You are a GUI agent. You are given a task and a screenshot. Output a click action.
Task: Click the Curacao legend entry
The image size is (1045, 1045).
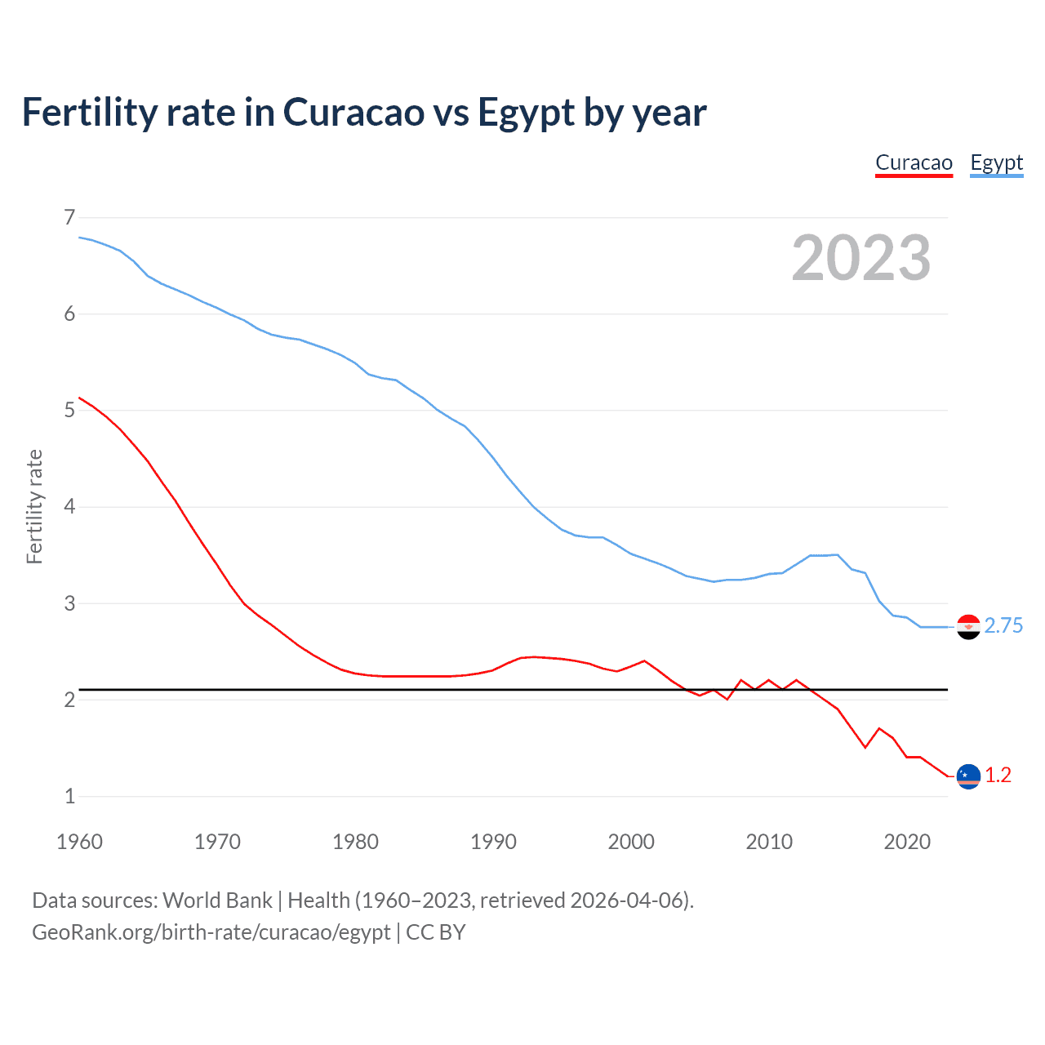coord(914,162)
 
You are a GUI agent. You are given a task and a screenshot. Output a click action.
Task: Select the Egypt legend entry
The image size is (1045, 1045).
coord(996,162)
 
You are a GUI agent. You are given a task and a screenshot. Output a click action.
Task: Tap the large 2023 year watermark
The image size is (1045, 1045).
coord(860,258)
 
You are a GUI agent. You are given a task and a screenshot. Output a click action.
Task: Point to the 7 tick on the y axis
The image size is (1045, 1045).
coord(69,217)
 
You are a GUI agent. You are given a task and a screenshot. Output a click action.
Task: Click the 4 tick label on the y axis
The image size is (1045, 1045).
coord(69,506)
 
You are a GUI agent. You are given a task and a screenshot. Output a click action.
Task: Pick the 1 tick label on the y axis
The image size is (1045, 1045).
coord(69,796)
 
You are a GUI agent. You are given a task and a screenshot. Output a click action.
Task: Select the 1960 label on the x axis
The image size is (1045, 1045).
coord(79,842)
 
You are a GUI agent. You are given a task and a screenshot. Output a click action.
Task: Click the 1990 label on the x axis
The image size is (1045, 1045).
coord(493,842)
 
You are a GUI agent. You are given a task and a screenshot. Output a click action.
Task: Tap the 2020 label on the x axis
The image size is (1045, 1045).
coord(907,842)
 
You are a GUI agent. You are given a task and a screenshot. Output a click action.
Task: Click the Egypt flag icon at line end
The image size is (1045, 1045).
coord(968,626)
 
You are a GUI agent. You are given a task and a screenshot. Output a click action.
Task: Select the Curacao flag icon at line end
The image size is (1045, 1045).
coord(968,776)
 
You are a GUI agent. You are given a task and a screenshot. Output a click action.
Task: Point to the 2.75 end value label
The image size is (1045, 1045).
coord(1003,625)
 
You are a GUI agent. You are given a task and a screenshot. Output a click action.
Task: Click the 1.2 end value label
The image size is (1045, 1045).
coord(998,776)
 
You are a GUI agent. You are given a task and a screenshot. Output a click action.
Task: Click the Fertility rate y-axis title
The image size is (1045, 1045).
coord(34,506)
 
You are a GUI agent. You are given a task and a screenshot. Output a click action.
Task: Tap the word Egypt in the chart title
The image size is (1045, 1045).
coord(526,113)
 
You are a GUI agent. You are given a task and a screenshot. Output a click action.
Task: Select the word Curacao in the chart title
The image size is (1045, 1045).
coord(354,113)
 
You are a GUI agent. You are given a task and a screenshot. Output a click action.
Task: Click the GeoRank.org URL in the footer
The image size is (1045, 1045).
coord(211,932)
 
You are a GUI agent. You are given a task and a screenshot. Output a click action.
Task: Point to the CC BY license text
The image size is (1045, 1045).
coord(436,932)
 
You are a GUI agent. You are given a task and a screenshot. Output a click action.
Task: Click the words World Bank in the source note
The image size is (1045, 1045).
coord(217,900)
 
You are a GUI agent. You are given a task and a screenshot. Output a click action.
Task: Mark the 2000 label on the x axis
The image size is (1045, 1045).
coord(631,842)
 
